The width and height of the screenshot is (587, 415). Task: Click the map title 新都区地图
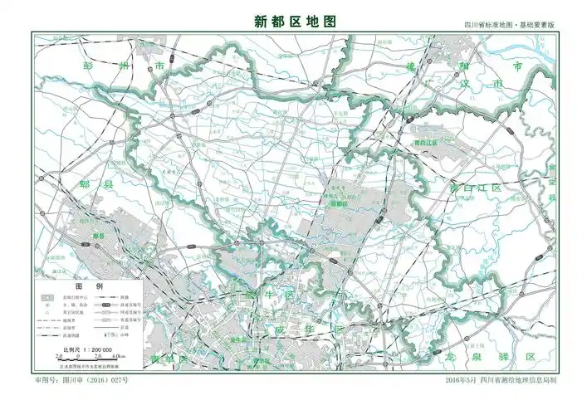pos(295,22)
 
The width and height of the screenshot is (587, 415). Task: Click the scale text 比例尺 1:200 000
pos(88,350)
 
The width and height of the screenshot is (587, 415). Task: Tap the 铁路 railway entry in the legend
pos(125,295)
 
